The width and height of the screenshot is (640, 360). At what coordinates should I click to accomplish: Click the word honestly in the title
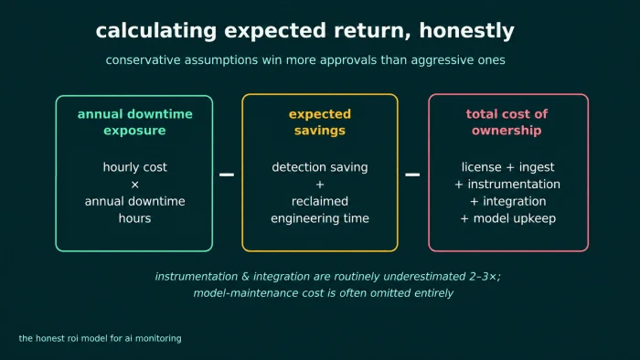[x=466, y=31]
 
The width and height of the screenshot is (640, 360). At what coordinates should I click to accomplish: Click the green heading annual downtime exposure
[x=134, y=122]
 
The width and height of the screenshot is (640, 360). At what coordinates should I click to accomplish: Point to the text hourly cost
[x=134, y=167]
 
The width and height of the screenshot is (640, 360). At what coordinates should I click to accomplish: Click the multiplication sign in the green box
[x=134, y=185]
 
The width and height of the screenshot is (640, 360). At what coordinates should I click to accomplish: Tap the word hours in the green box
[x=134, y=218]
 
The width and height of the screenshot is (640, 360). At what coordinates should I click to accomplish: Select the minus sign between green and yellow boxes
[x=227, y=175]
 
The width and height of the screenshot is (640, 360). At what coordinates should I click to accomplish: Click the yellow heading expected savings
[x=320, y=122]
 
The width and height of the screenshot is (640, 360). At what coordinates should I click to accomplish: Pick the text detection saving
[x=320, y=167]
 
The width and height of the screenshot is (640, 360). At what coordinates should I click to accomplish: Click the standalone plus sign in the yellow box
[x=320, y=185]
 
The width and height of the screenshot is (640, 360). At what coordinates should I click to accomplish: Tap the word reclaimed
[x=320, y=201]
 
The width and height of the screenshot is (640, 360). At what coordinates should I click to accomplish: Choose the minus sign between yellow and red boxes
[x=412, y=175]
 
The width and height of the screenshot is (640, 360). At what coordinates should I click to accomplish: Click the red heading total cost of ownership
[x=507, y=122]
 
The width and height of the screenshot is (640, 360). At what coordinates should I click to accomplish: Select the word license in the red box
[x=481, y=166]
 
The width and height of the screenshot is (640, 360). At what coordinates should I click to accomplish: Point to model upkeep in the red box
[x=514, y=218]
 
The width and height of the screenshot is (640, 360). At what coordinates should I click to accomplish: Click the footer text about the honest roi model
[x=100, y=338]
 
